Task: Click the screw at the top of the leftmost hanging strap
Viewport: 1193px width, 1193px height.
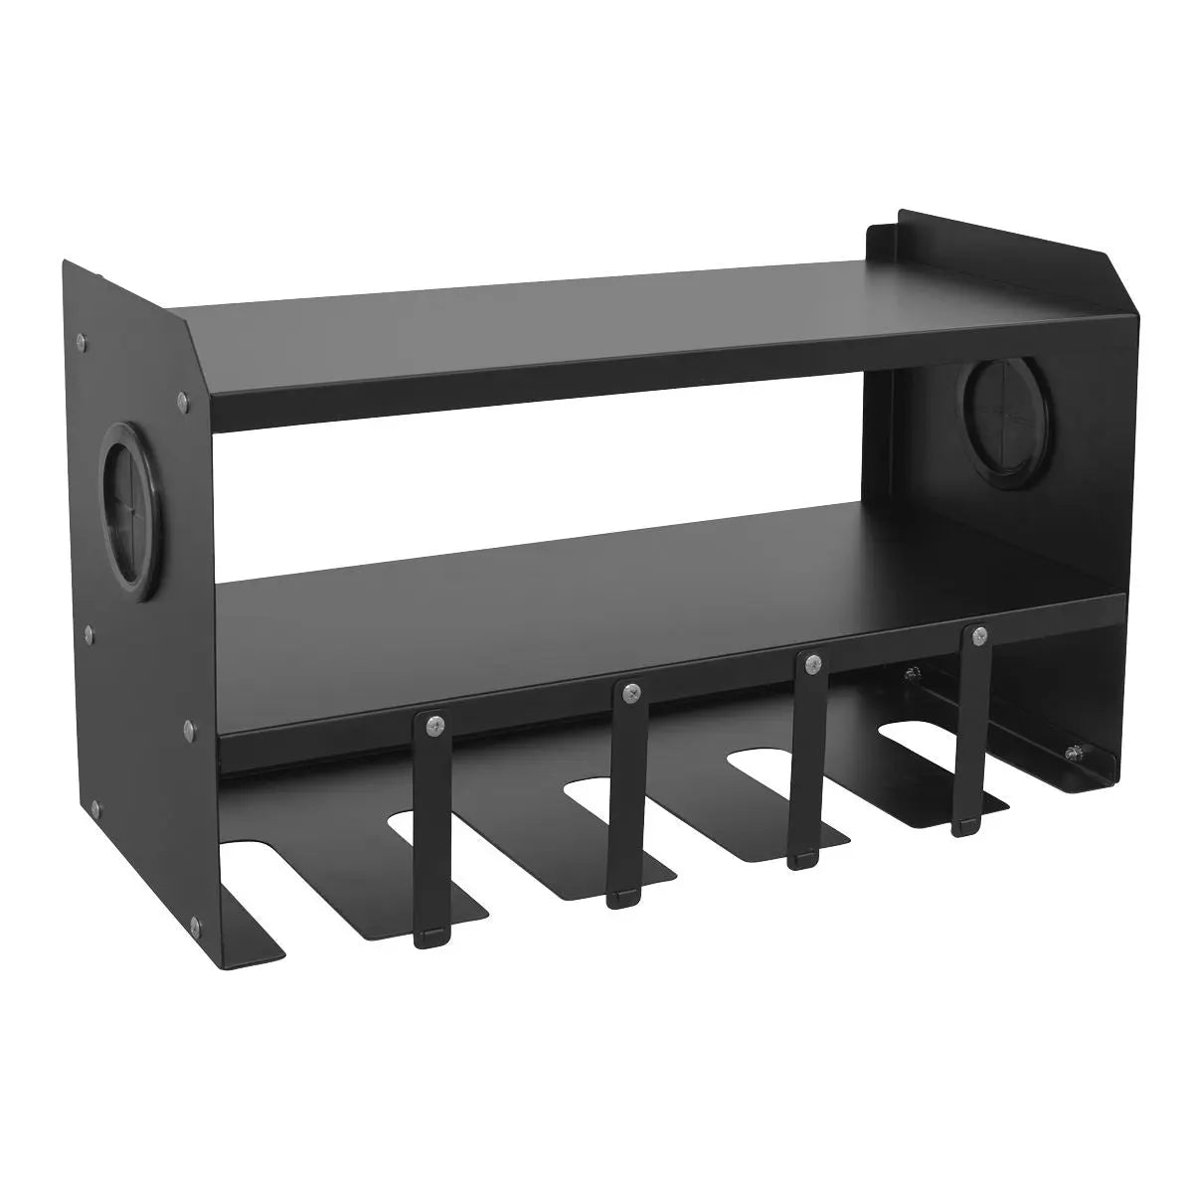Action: click(431, 727)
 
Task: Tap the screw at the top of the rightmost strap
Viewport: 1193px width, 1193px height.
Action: click(980, 636)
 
